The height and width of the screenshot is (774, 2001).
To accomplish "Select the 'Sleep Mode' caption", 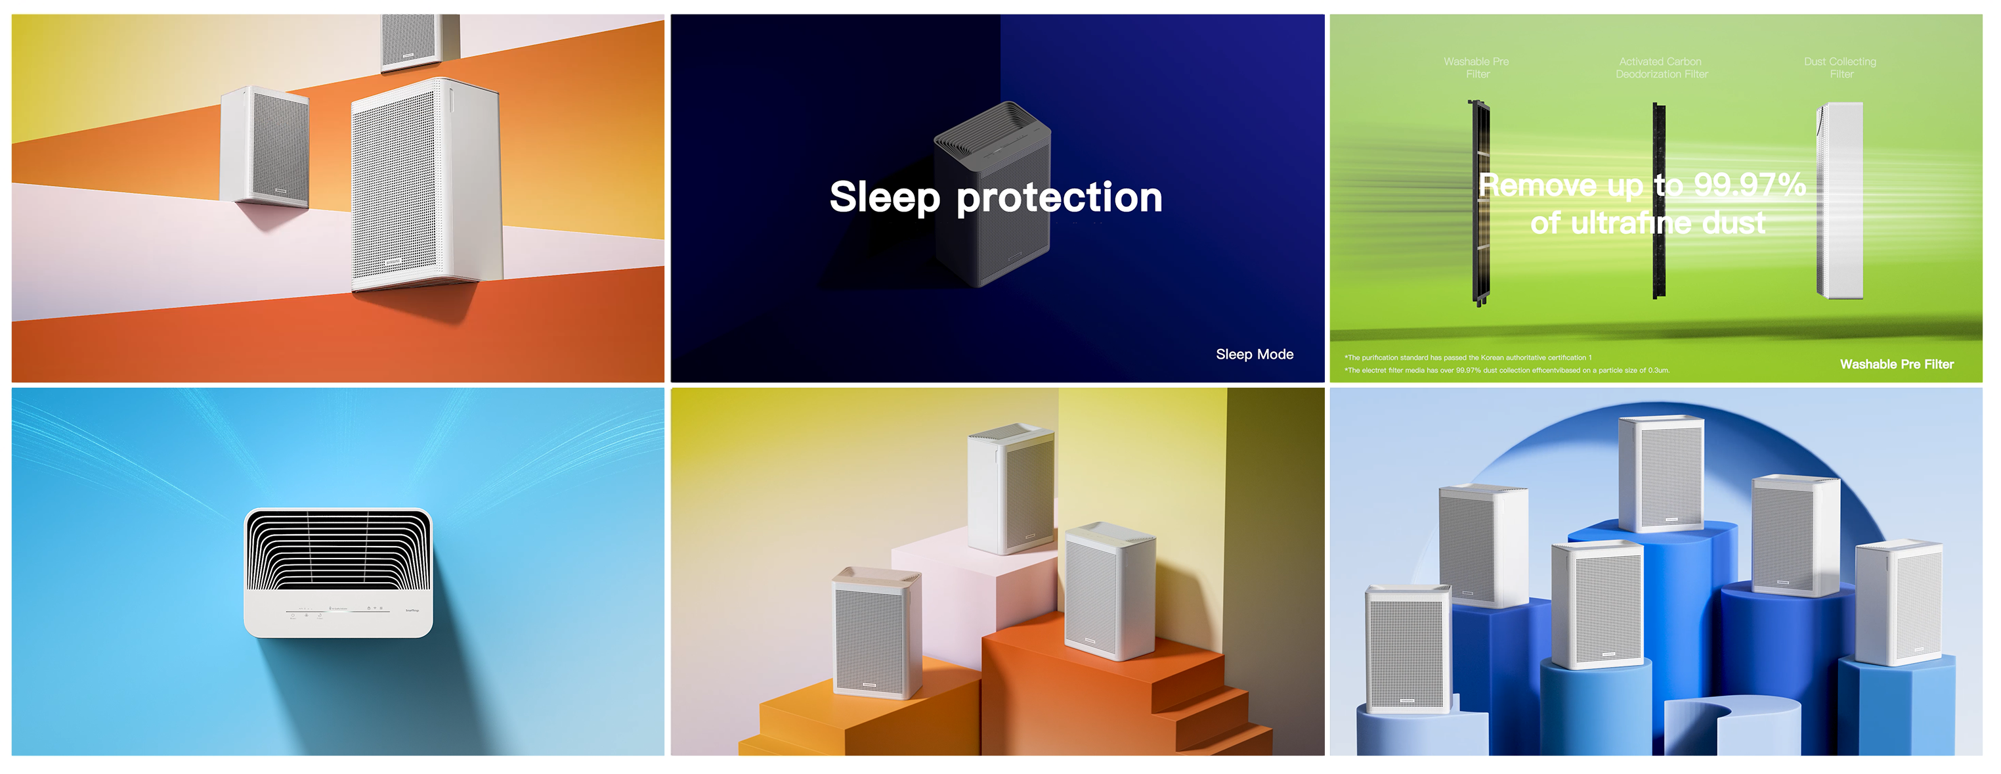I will point(1254,354).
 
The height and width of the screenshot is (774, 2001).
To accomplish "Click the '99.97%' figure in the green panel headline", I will point(1750,185).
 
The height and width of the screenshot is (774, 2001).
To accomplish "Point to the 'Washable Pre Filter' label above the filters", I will point(1476,68).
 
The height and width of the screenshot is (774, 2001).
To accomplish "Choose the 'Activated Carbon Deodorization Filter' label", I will point(1662,68).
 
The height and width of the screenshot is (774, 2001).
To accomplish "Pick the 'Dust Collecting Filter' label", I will point(1840,68).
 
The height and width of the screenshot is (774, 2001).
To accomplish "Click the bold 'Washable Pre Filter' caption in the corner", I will point(1896,365).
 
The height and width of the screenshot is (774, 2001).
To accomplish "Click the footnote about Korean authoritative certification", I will point(1467,358).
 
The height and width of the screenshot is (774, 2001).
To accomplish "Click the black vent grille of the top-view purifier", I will point(338,549).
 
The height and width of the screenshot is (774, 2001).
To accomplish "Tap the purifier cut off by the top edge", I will point(411,39).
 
